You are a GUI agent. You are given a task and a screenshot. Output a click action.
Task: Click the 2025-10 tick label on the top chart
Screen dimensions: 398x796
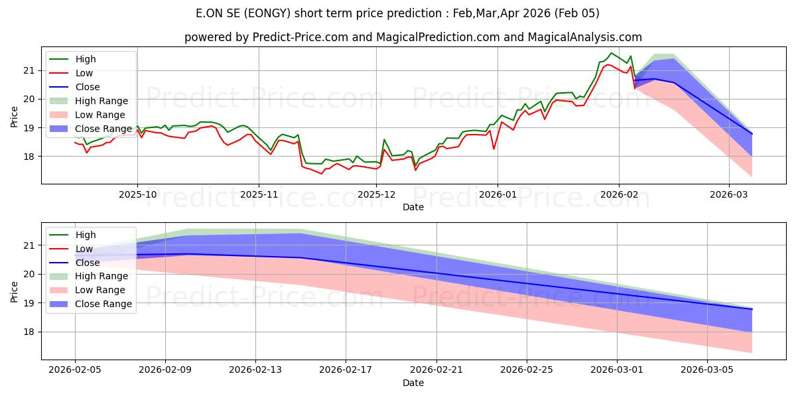click(137, 195)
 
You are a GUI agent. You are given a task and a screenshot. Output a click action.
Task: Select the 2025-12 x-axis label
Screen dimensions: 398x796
click(377, 195)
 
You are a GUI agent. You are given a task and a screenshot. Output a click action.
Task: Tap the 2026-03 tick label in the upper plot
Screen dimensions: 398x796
click(729, 195)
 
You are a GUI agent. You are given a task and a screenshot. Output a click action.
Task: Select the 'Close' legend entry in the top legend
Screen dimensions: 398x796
click(88, 87)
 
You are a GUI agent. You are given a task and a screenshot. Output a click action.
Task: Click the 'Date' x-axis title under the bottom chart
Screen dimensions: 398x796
click(413, 383)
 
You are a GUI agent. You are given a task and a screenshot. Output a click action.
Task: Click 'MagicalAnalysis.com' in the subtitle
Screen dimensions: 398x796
click(584, 38)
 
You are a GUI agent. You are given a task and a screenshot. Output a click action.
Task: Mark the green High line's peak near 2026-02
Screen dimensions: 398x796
click(611, 53)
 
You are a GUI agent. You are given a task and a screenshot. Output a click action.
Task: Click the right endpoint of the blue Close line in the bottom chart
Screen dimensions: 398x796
click(752, 309)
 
